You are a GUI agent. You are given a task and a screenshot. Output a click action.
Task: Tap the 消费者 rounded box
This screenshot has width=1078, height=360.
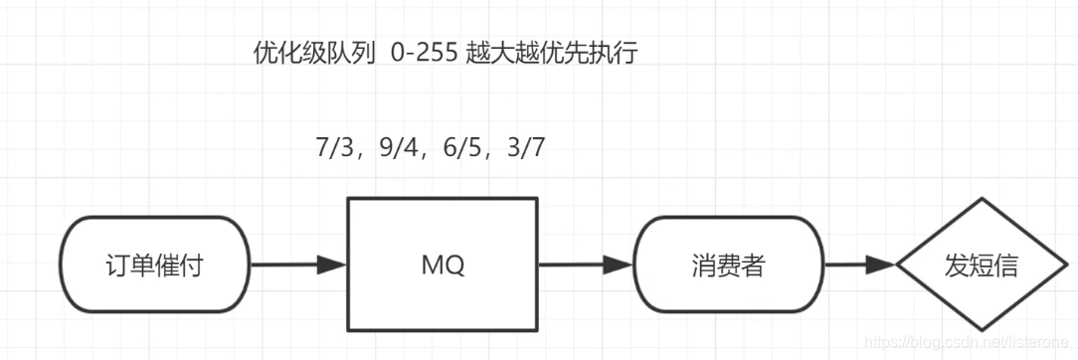pos(730,265)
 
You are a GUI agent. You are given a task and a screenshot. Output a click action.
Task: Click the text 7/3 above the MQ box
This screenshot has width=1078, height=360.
pos(335,149)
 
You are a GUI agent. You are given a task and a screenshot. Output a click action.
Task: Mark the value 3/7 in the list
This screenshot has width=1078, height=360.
pos(524,149)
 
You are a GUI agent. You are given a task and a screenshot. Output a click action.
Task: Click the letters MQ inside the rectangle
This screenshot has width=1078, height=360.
pos(442,266)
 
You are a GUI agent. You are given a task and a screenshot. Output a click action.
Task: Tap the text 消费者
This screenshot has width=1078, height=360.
pos(730,266)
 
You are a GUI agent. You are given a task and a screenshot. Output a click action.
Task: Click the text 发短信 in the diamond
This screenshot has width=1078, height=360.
pos(983,266)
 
